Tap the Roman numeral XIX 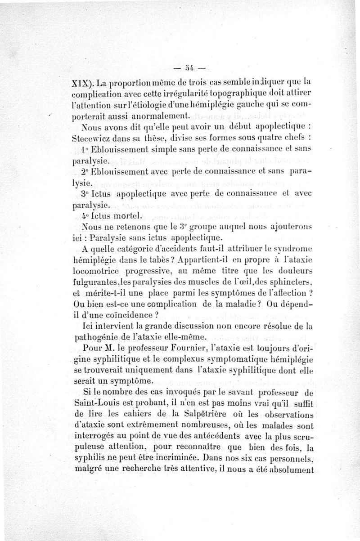82,83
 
